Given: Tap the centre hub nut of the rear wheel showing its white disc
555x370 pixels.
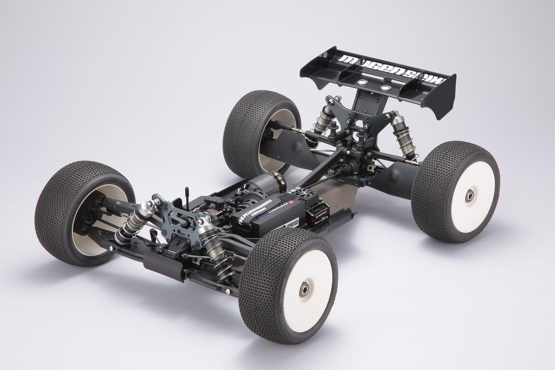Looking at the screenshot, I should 470,196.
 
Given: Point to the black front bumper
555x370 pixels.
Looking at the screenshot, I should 163,265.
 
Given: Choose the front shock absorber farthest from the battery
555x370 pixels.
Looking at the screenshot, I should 134,221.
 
